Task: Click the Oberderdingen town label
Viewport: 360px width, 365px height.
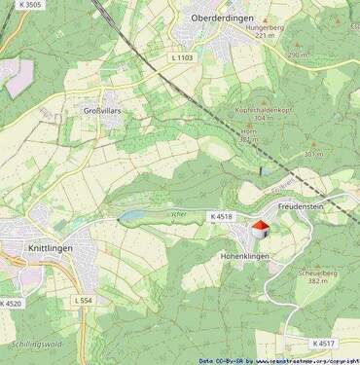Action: (x=223, y=18)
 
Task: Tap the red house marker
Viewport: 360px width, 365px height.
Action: (x=260, y=229)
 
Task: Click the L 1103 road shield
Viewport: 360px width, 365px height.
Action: (x=182, y=59)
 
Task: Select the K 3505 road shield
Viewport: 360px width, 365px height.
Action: (x=28, y=6)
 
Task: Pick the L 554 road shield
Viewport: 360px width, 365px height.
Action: (x=84, y=301)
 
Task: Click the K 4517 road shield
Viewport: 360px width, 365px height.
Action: (x=323, y=343)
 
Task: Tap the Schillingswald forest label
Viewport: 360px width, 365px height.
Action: (x=36, y=345)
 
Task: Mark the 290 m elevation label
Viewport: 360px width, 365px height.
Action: (x=296, y=55)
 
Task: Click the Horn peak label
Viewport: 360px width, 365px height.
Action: (x=248, y=130)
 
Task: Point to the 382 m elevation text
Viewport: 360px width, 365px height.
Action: (x=318, y=281)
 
